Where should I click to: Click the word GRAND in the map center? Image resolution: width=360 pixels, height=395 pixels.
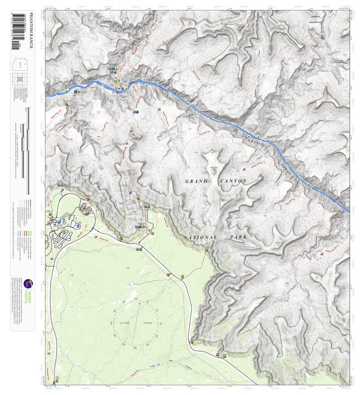[196, 182]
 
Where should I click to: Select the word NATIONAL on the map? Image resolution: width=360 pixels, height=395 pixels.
[200, 237]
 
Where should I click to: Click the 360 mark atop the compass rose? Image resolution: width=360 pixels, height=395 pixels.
[136, 299]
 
